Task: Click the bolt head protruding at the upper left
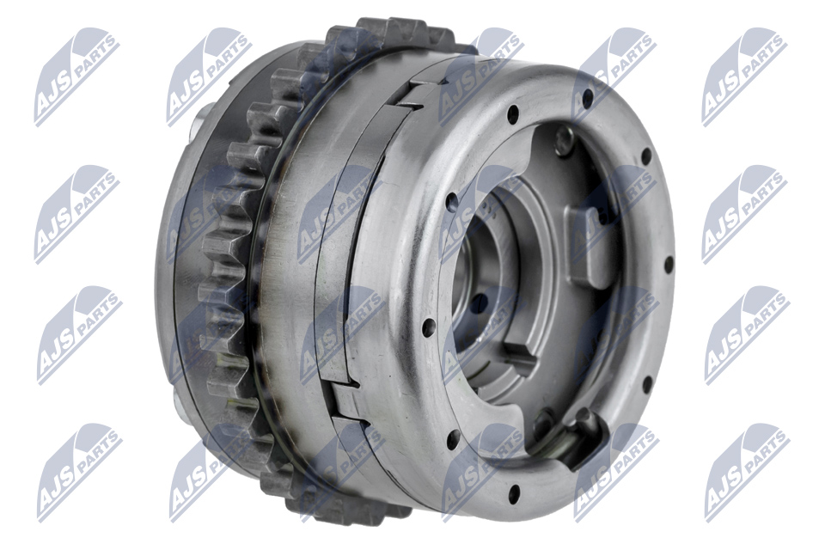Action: (x=200, y=119)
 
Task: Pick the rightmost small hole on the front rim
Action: (x=669, y=263)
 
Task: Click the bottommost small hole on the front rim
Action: (x=514, y=492)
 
